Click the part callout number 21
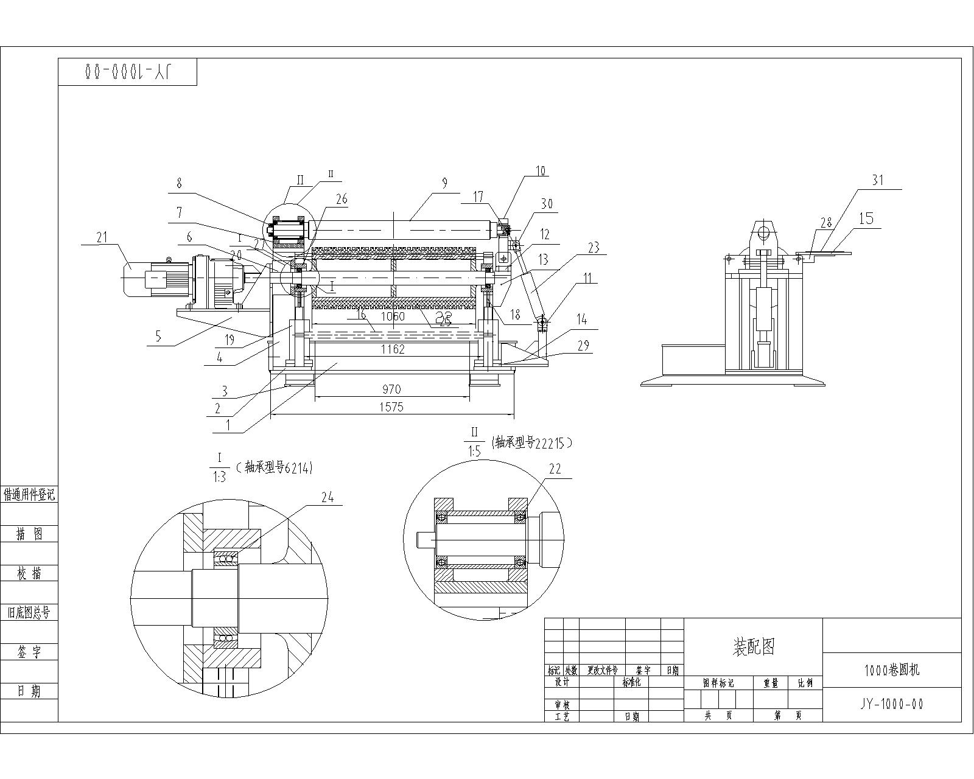pyautogui.click(x=102, y=237)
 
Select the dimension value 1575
pyautogui.click(x=391, y=407)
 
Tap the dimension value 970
pyautogui.click(x=391, y=389)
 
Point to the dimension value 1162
pyautogui.click(x=393, y=349)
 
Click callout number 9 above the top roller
pyautogui.click(x=444, y=182)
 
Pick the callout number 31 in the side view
pyautogui.click(x=877, y=180)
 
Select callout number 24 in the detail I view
pyautogui.click(x=328, y=497)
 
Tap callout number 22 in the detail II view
pyautogui.click(x=555, y=469)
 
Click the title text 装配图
pyautogui.click(x=754, y=646)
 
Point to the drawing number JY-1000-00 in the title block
pyautogui.click(x=892, y=704)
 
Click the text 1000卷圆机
pyautogui.click(x=892, y=670)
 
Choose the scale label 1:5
pyautogui.click(x=474, y=452)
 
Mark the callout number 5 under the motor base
pyautogui.click(x=158, y=336)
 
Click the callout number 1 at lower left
pyautogui.click(x=228, y=425)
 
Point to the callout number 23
pyautogui.click(x=594, y=247)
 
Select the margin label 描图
pyautogui.click(x=29, y=534)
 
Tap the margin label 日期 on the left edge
pyautogui.click(x=29, y=691)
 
